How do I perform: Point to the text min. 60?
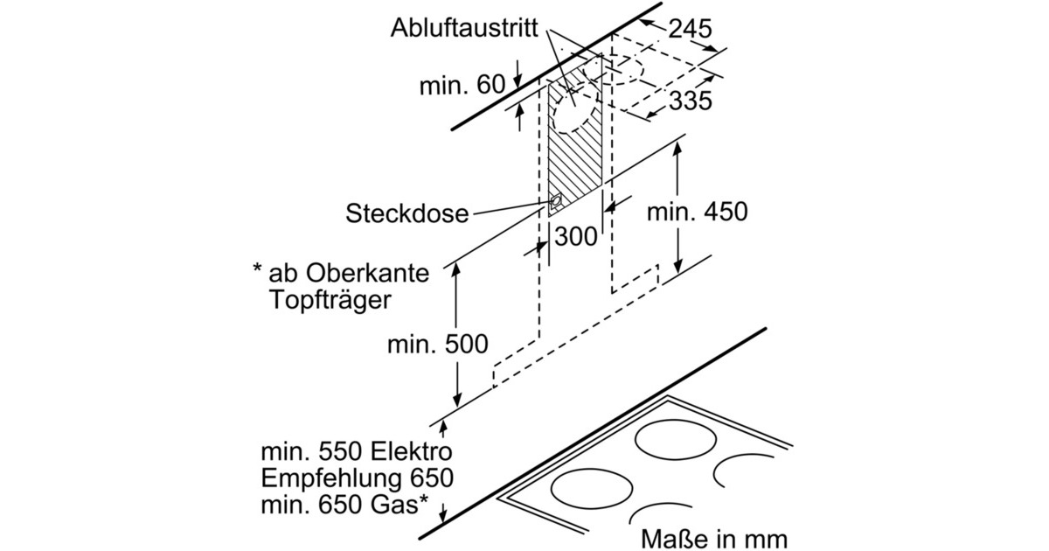click(462, 86)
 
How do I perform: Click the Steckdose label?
click(406, 213)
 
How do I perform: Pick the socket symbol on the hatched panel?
click(555, 205)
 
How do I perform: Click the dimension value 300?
click(576, 235)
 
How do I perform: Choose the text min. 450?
click(697, 212)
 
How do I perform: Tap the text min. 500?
click(437, 344)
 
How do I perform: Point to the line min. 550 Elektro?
click(356, 453)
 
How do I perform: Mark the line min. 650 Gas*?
click(344, 504)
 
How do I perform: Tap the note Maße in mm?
click(714, 536)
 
